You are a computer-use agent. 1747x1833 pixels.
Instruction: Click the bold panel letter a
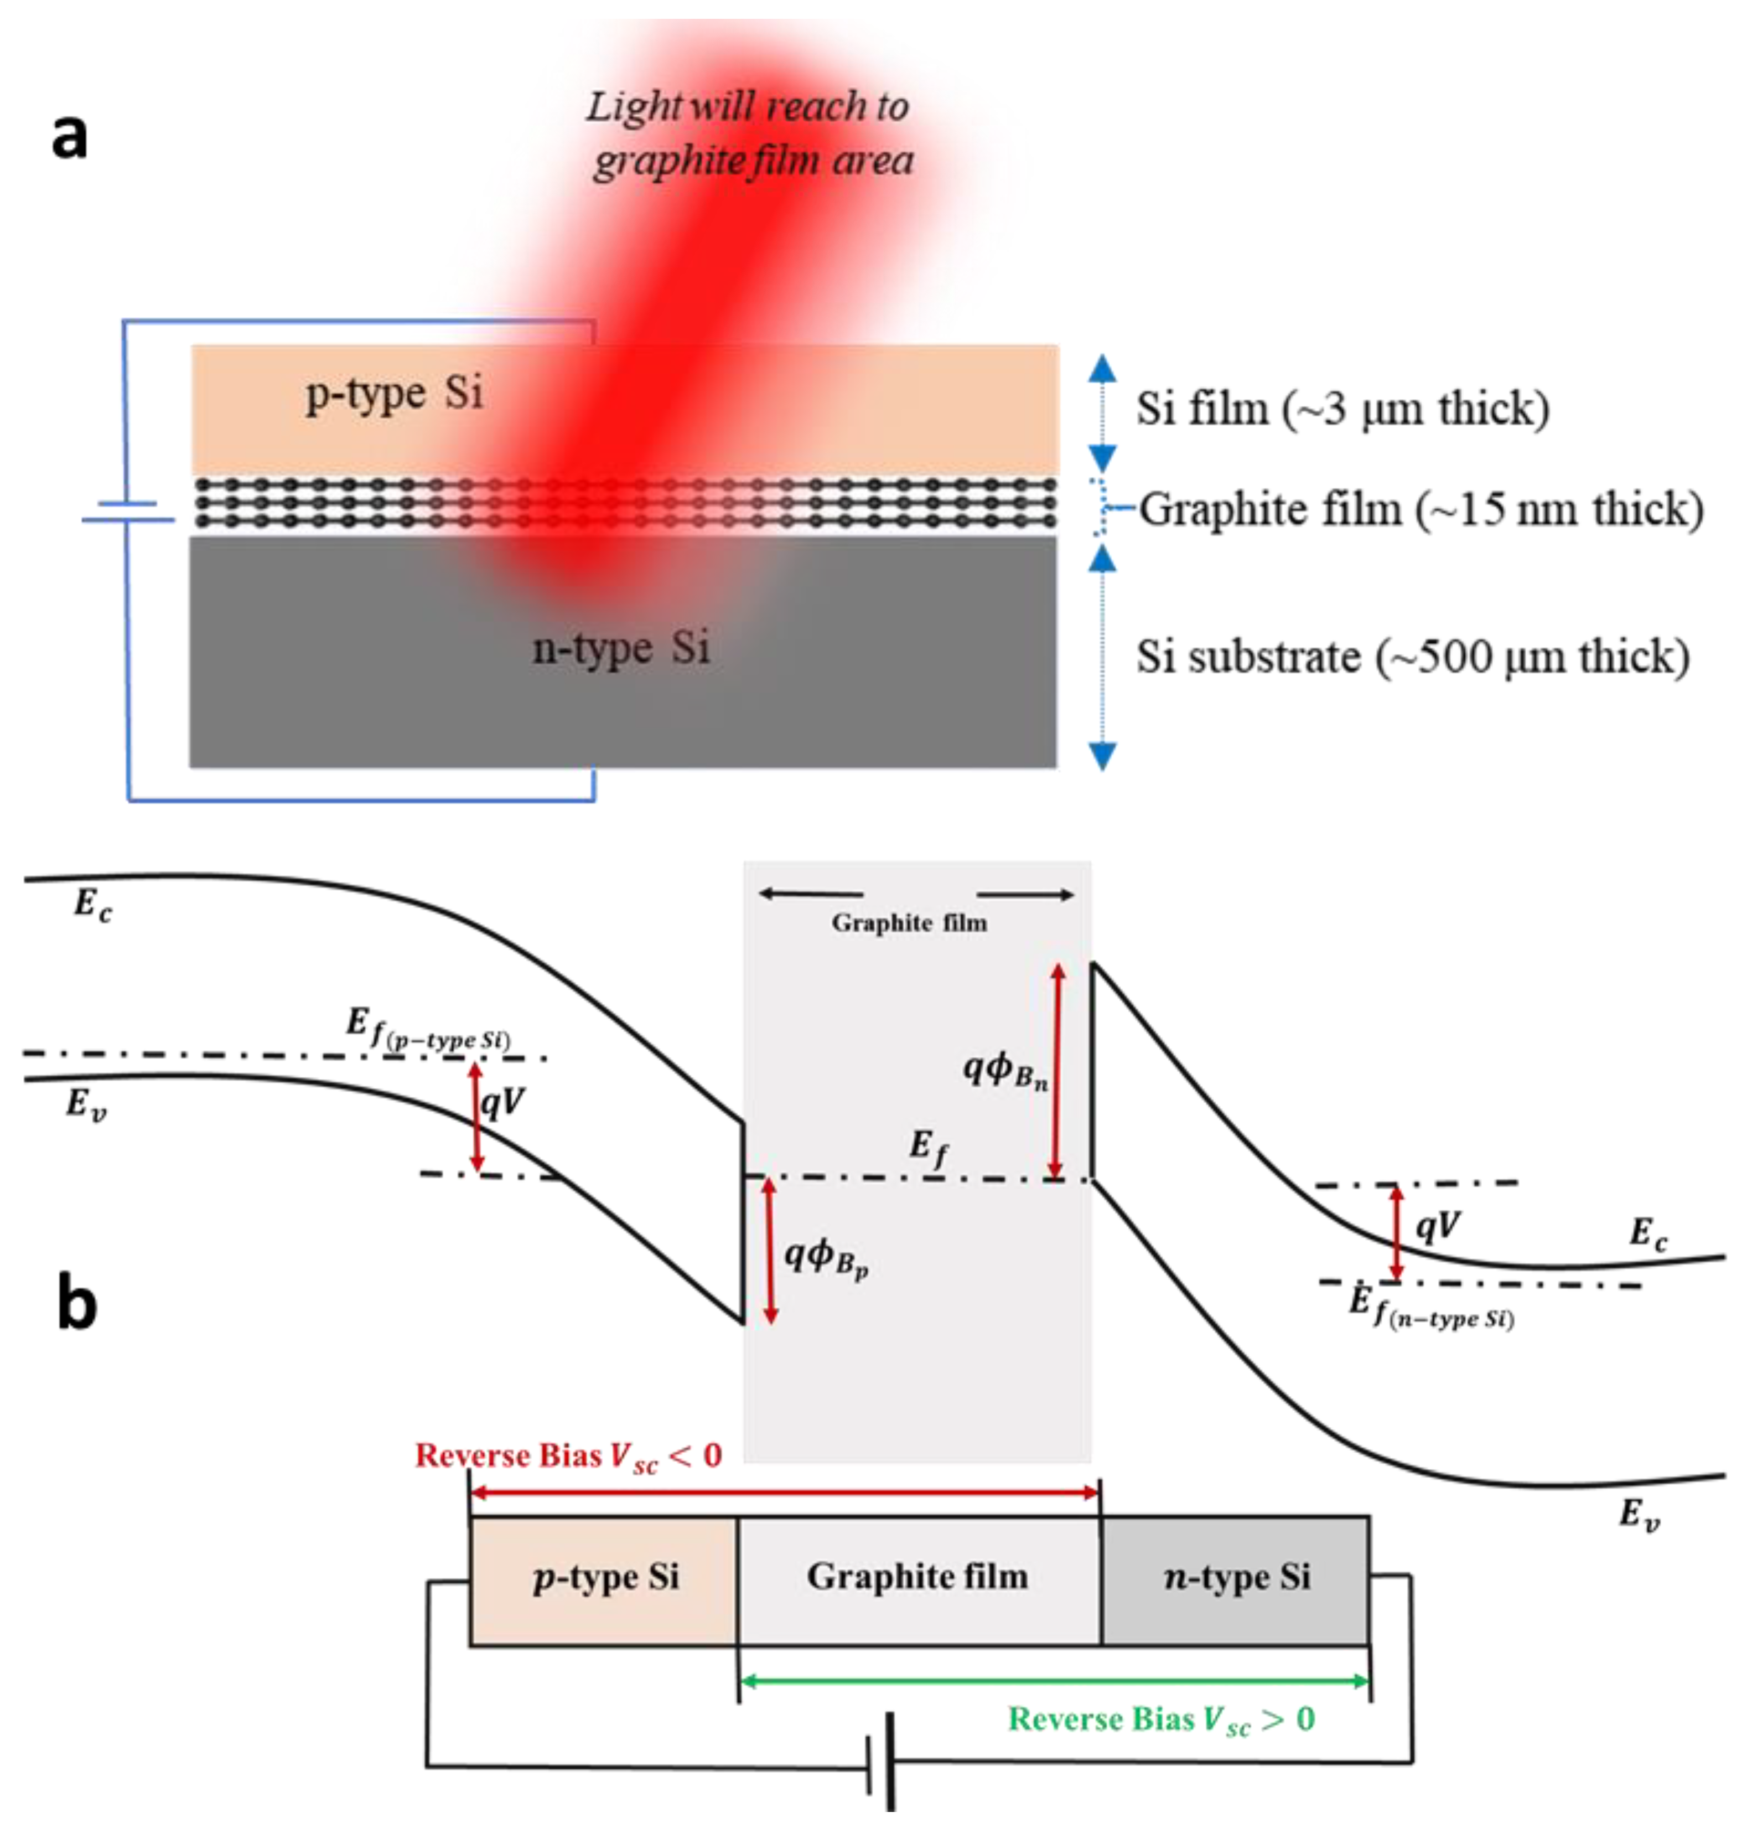click(x=69, y=136)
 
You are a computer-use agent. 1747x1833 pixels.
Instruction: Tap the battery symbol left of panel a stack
click(x=128, y=512)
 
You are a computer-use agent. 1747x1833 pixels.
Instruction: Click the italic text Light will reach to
click(x=747, y=107)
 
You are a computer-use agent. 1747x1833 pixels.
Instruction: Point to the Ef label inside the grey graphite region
click(x=929, y=1148)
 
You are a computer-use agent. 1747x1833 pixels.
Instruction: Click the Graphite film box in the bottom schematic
click(x=918, y=1577)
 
